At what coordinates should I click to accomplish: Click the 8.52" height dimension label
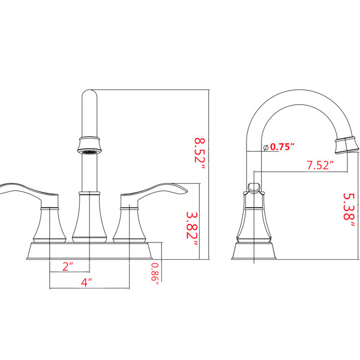200,154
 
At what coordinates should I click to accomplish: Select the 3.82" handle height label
191,229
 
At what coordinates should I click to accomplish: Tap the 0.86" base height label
155,274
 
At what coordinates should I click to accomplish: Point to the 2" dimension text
67,266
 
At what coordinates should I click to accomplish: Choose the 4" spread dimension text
86,283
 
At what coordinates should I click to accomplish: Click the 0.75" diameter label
282,147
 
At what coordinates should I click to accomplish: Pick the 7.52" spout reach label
320,165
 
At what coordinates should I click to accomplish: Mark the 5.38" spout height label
349,210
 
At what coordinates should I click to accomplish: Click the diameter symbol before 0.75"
266,148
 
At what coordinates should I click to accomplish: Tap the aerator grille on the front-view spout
89,152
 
